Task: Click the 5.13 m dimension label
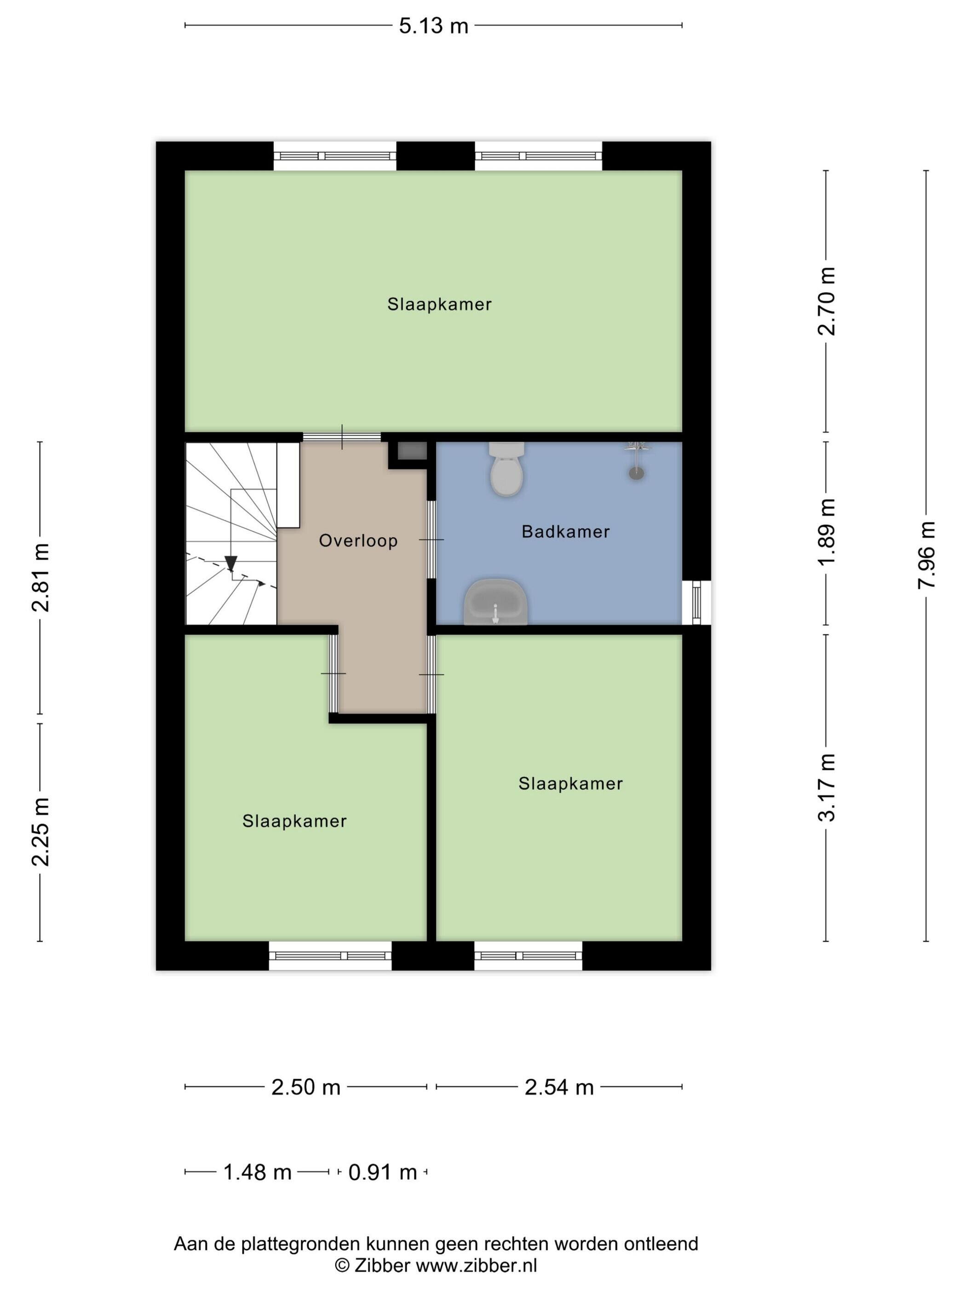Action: (x=433, y=26)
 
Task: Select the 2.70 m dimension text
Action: (x=826, y=301)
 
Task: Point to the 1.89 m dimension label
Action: (x=826, y=531)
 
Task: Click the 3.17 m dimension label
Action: (x=826, y=787)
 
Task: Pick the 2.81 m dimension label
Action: (x=40, y=577)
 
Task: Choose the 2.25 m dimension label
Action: (x=40, y=831)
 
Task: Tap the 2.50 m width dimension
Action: (x=306, y=1087)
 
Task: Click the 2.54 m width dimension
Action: (x=559, y=1087)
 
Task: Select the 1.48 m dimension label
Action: (x=257, y=1173)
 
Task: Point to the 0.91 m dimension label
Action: (x=383, y=1173)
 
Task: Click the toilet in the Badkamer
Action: (x=506, y=469)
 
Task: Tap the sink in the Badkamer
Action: (x=495, y=602)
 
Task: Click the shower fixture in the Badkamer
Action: (x=637, y=461)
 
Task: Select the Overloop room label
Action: (x=358, y=541)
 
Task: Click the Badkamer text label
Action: (x=565, y=531)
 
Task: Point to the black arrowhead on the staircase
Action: (x=231, y=563)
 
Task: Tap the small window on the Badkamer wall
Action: (x=696, y=603)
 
